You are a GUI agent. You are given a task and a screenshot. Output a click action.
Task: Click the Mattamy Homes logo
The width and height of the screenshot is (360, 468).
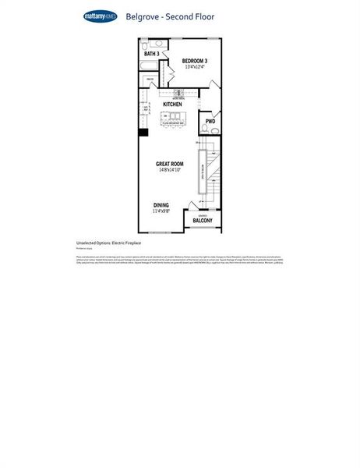click(x=101, y=16)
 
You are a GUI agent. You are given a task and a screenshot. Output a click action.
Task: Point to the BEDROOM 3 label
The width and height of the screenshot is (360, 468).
click(x=195, y=61)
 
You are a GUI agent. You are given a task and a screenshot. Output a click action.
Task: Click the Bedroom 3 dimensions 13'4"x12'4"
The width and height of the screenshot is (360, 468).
click(x=195, y=68)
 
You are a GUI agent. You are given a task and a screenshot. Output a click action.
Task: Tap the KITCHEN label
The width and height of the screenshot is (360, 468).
click(x=172, y=104)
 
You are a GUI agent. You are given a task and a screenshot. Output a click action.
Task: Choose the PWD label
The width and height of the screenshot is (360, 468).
click(x=210, y=122)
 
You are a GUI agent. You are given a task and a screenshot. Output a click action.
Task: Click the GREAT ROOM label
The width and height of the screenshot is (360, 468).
click(x=169, y=164)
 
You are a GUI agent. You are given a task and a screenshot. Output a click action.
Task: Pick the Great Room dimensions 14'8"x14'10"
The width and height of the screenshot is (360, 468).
click(x=169, y=170)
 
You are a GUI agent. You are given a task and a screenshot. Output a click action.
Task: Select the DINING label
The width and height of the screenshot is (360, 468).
click(x=161, y=205)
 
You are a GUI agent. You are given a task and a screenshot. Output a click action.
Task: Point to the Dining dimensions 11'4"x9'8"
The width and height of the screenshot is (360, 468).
click(x=161, y=211)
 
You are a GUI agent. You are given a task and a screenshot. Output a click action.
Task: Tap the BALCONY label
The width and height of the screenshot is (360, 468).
click(x=203, y=222)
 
